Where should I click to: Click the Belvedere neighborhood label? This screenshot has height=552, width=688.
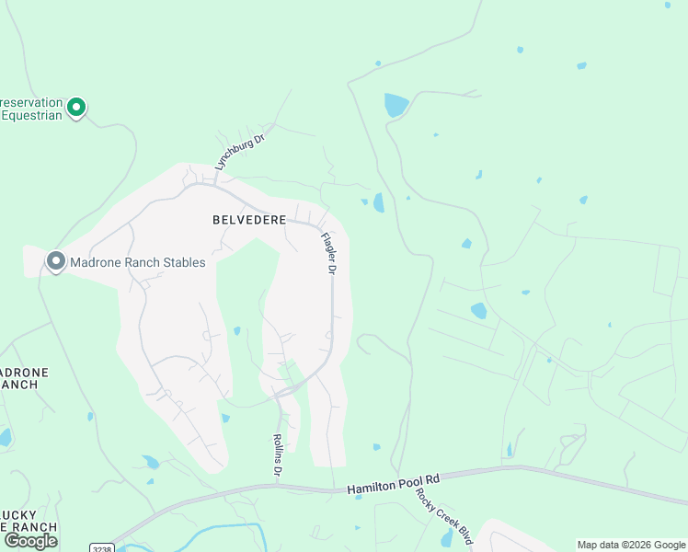coord(249,220)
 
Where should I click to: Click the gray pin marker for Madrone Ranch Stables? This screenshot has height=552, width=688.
coord(56,262)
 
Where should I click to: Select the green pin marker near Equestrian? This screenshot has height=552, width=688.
coord(77,108)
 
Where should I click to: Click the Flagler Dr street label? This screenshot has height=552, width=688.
coord(329,253)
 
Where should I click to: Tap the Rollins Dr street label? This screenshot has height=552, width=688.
coord(277,455)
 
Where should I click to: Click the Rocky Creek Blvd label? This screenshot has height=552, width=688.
coord(442,515)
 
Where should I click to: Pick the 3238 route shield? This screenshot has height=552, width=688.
coord(102,547)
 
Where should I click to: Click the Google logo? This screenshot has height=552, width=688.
coord(30,541)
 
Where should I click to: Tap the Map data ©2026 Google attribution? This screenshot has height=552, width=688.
coord(631,545)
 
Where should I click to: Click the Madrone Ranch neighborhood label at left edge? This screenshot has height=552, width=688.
coord(23,378)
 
